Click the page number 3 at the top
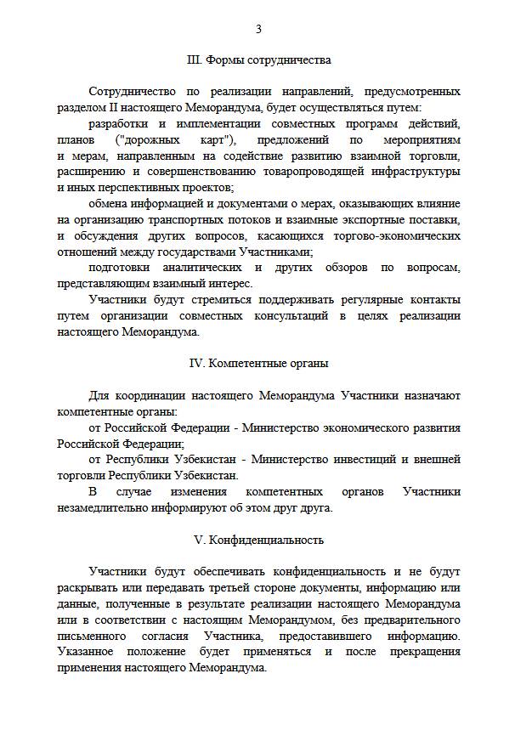point(258,29)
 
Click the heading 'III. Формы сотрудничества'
point(258,60)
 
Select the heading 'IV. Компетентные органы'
point(258,364)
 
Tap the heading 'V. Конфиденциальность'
point(258,540)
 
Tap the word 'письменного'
point(91,636)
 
